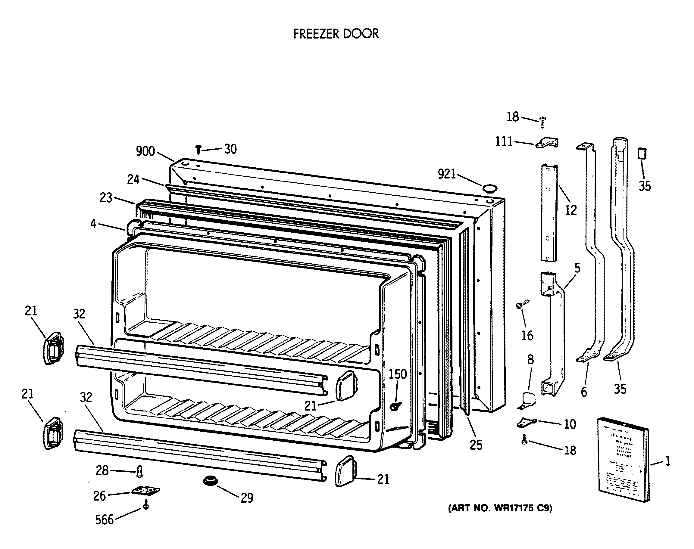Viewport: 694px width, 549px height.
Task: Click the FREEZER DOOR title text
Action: click(x=336, y=34)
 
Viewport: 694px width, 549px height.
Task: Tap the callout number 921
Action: click(x=447, y=174)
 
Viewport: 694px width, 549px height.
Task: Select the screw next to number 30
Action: click(x=199, y=149)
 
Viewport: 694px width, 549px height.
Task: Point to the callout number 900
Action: click(x=145, y=151)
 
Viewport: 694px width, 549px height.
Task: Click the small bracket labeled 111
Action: click(x=547, y=143)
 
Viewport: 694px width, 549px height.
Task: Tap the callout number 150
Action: click(x=398, y=374)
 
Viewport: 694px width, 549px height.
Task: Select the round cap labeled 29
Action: click(x=211, y=481)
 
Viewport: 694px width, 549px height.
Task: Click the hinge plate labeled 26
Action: click(x=145, y=491)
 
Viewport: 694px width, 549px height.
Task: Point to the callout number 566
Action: click(x=104, y=520)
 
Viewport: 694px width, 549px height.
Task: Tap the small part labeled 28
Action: click(x=139, y=472)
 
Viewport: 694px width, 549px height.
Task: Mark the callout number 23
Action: click(x=106, y=198)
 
